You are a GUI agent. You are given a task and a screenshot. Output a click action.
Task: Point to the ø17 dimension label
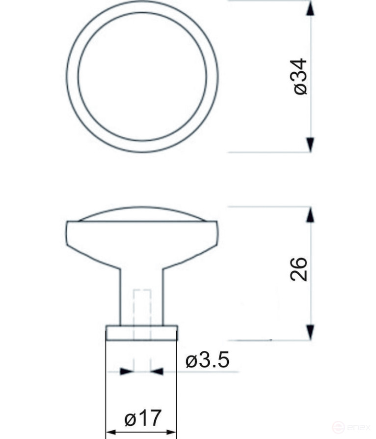pos(142,418)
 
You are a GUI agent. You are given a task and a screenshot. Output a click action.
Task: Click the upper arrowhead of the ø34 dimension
pos(310,9)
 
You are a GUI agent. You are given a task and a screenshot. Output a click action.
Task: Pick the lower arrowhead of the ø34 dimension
pos(310,144)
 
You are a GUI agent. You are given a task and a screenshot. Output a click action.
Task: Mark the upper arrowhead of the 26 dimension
pos(310,215)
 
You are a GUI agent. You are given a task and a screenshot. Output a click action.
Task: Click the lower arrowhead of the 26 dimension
pos(310,331)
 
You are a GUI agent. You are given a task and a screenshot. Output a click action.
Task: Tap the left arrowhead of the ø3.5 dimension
pos(127,371)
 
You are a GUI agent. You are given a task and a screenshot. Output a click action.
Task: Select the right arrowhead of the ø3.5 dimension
pos(157,371)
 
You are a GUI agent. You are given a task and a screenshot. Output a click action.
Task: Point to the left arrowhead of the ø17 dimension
pos(113,433)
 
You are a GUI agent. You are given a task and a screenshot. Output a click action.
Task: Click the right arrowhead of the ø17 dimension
pos(170,433)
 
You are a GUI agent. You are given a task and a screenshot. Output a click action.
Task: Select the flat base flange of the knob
pos(142,332)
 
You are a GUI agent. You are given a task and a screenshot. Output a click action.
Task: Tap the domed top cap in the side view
pos(142,214)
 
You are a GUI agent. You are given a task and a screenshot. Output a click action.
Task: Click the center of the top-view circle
pos(142,76)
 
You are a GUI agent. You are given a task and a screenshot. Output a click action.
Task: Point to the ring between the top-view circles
pos(72,76)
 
